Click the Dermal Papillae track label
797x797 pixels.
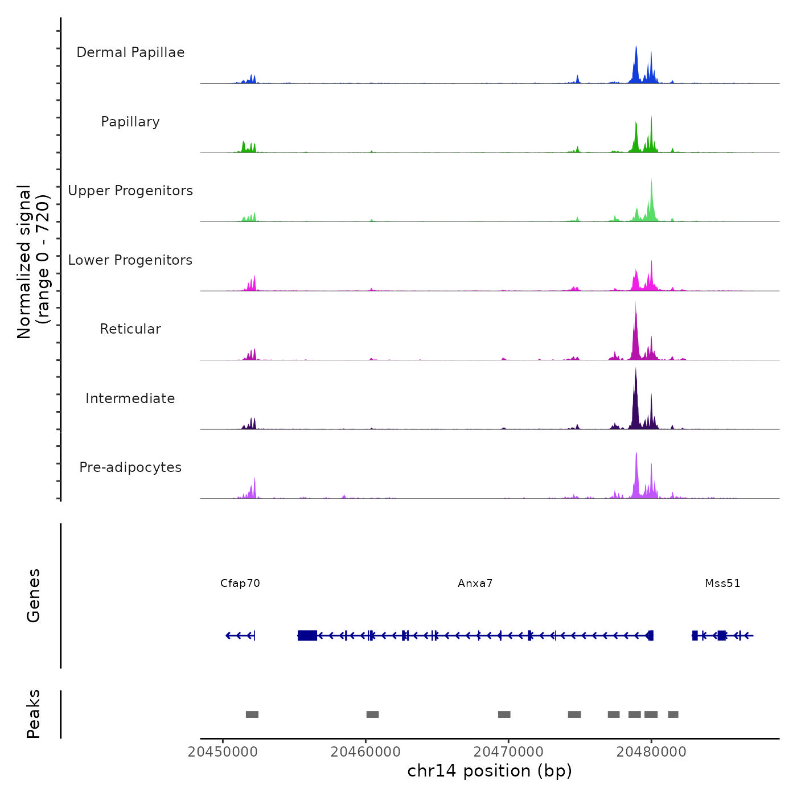[130, 52]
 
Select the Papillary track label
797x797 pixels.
[130, 122]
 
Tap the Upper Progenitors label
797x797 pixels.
[130, 191]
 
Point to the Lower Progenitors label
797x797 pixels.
[130, 260]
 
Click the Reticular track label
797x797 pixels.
[130, 329]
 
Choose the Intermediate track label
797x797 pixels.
[130, 398]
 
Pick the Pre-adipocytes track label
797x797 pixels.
[130, 467]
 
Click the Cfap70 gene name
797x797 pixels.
[240, 584]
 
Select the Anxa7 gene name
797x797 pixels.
[475, 584]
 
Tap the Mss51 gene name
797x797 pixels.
[722, 584]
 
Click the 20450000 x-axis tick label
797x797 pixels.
[223, 752]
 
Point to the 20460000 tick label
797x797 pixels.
[365, 752]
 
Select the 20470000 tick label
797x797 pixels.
[508, 752]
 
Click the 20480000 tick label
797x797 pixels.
[651, 752]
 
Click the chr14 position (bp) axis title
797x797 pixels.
[490, 771]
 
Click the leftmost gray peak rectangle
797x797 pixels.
[252, 714]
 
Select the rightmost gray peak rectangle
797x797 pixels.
[673, 714]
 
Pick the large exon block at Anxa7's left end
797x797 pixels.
[307, 635]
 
